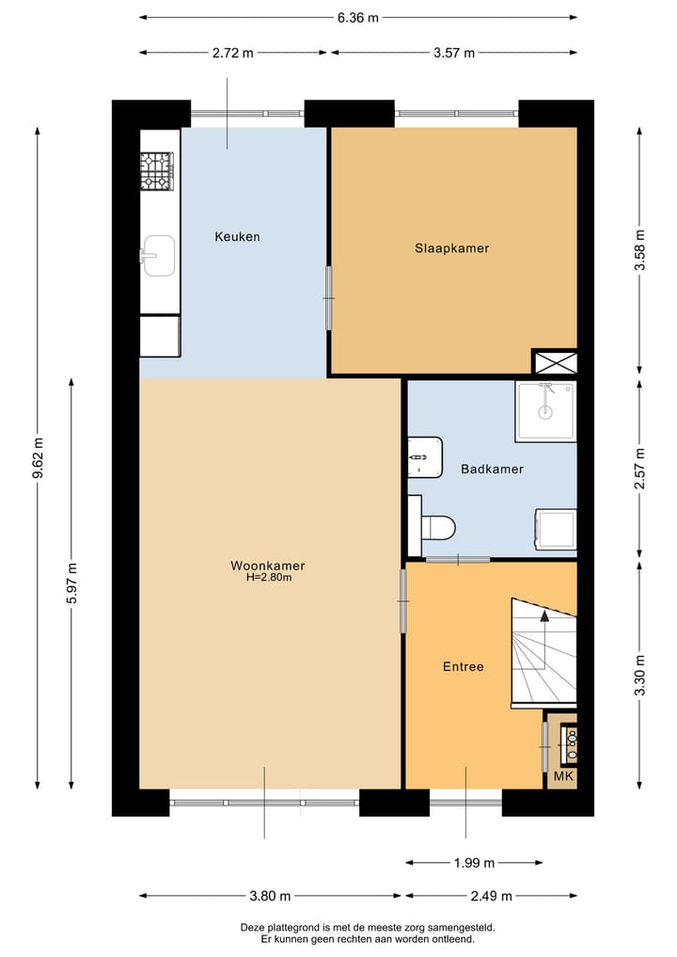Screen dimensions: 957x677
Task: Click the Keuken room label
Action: (236, 236)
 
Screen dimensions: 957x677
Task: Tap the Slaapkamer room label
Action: (452, 248)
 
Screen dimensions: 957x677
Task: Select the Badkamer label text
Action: (492, 469)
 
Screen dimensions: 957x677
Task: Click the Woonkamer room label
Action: (268, 566)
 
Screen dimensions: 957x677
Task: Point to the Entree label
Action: (463, 666)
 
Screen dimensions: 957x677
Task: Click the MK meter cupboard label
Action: (563, 776)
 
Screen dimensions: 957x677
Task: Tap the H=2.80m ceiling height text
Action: (269, 578)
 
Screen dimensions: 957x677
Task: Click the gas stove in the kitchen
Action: (158, 171)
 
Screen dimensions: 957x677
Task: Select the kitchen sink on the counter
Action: (158, 255)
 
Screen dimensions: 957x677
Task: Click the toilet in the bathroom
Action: (435, 527)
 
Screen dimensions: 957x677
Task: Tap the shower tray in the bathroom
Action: (545, 410)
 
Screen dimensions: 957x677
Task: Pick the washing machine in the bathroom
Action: (555, 531)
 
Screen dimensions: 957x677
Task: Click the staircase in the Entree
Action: (543, 651)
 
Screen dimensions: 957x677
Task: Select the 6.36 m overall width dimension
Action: (358, 17)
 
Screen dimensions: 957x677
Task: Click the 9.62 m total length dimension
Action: (38, 458)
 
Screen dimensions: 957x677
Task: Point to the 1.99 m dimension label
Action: (474, 862)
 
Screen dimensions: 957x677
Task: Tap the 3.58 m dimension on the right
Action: (640, 250)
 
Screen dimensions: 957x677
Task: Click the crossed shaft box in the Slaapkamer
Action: (554, 361)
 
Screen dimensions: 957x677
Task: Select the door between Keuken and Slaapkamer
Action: (328, 297)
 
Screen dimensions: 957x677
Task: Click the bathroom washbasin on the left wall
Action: (424, 456)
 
